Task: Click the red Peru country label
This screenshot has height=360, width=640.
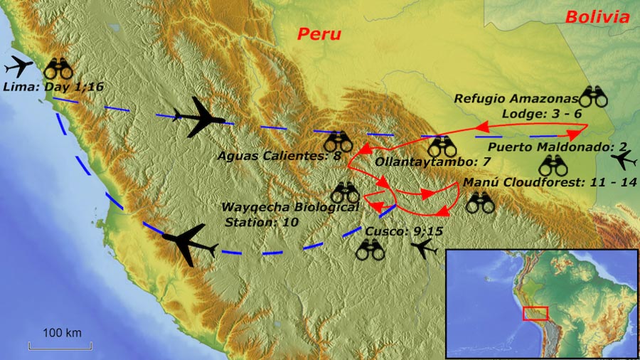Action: [x=319, y=33]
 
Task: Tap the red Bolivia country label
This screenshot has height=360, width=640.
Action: [x=597, y=17]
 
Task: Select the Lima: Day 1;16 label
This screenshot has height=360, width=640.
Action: [x=53, y=87]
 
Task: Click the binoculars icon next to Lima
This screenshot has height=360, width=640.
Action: [x=58, y=68]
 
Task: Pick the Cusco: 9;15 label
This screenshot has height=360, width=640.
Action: [x=397, y=231]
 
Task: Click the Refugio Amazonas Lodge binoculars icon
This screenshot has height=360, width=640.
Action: [x=594, y=97]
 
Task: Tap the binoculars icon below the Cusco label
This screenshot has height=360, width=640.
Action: [x=370, y=249]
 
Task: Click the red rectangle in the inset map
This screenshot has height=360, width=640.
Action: [x=535, y=313]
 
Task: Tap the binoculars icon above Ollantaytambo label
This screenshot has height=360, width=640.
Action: [x=442, y=147]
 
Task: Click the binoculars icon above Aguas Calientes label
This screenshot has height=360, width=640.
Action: [x=338, y=141]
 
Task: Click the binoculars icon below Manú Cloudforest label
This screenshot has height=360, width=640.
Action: [x=480, y=203]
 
